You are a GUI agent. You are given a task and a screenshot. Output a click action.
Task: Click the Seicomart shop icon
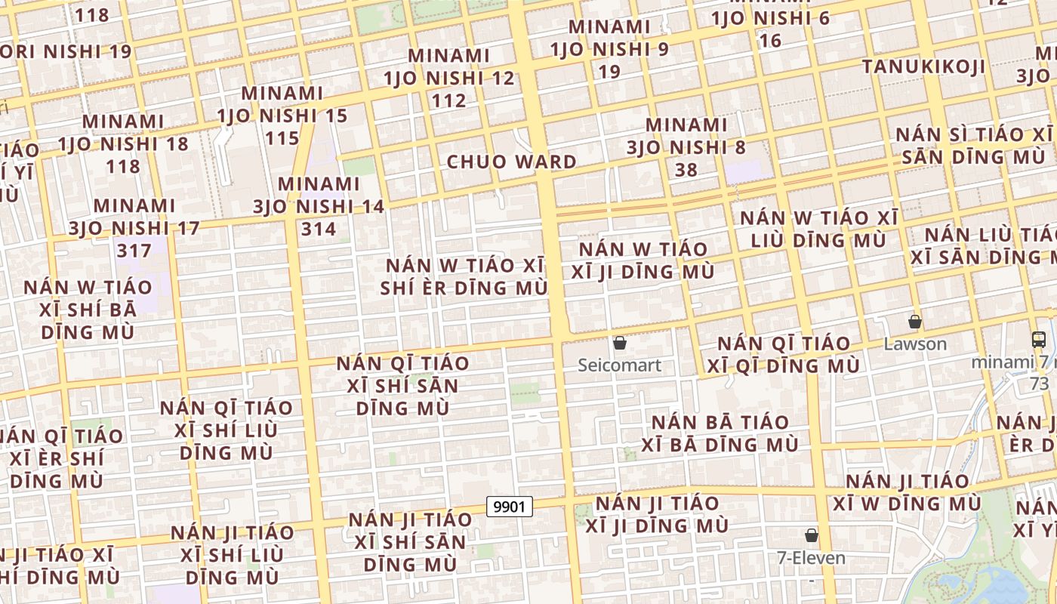620,344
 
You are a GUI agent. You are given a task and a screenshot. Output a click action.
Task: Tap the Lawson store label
915,344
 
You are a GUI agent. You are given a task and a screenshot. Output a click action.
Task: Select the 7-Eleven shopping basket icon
812,535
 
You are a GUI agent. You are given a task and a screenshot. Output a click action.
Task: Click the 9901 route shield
510,507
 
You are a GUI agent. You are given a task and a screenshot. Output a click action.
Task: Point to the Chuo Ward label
512,162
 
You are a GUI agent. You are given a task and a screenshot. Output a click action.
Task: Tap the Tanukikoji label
924,66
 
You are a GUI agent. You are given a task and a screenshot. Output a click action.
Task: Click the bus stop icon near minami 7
1039,340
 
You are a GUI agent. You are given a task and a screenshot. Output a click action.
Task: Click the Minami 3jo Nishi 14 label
319,195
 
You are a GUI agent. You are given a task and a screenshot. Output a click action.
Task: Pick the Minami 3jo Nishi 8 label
686,136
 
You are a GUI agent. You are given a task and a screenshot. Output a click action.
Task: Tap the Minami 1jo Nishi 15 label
282,104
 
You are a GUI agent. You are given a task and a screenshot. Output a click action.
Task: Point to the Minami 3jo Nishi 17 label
135,217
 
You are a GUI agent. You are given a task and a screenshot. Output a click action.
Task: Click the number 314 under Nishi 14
319,229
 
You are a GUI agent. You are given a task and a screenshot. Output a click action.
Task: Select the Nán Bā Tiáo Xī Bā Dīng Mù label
720,433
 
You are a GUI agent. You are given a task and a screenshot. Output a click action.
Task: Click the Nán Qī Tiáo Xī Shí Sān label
402,385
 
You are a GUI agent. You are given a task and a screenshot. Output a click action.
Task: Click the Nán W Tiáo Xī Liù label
819,229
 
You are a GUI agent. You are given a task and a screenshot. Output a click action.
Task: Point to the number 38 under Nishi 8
686,170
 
